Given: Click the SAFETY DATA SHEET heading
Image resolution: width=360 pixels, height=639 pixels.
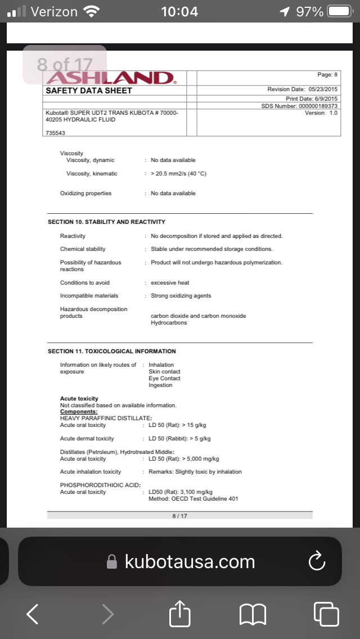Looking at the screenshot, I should click(x=89, y=91).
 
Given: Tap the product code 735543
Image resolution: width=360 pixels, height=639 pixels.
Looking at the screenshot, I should click(x=55, y=132).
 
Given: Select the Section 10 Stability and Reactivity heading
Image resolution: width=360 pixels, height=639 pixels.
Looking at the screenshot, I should click(x=106, y=222).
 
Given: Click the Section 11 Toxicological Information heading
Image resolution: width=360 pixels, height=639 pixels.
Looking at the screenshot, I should click(x=111, y=352).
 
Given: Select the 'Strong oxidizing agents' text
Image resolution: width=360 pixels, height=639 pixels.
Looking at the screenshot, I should click(x=181, y=296).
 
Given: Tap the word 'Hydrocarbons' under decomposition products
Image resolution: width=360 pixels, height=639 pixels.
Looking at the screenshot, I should click(x=169, y=323).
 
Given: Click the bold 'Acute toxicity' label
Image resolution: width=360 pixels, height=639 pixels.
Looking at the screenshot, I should click(x=79, y=399).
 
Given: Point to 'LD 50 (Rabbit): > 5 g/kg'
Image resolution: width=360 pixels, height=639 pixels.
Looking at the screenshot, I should click(x=179, y=439).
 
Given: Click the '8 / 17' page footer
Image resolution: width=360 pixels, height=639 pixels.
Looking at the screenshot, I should click(x=179, y=516).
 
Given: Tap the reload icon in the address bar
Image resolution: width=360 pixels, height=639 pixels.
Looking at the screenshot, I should click(x=317, y=561).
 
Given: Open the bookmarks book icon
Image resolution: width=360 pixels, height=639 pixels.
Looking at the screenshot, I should click(x=253, y=614).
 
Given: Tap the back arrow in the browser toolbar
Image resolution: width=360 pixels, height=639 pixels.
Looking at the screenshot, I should click(x=33, y=614).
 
